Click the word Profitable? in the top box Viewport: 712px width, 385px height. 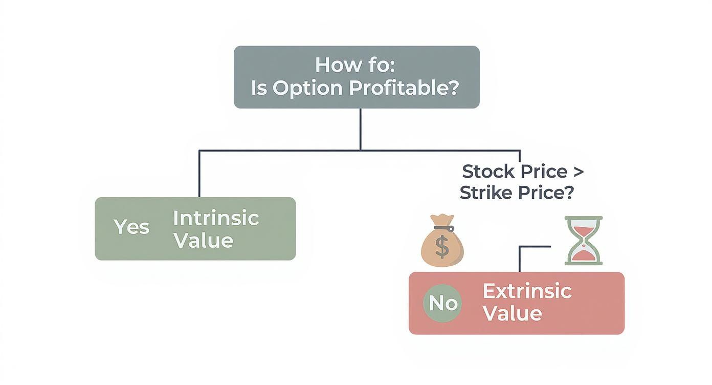point(405,88)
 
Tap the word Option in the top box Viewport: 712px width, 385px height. point(307,88)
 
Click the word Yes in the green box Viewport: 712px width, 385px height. point(131,227)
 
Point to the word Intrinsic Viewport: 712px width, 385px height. point(216,219)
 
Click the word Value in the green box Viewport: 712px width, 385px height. point(203,241)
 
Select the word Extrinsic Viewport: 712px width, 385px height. point(527,291)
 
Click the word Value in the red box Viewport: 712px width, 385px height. point(512,313)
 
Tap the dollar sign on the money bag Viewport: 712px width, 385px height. point(442,247)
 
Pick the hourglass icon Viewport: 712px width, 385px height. point(584,240)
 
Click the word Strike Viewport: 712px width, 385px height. point(483,193)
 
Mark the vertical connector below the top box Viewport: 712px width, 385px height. point(360,129)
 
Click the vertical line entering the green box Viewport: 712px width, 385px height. point(199,174)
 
